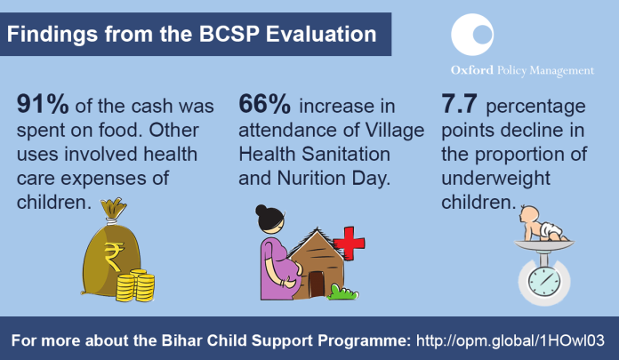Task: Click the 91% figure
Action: pyautogui.click(x=43, y=104)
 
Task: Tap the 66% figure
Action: pyautogui.click(x=264, y=104)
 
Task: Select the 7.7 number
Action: pyautogui.click(x=459, y=104)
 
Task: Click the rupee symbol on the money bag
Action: pyautogui.click(x=114, y=257)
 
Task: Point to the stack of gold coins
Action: pyautogui.click(x=135, y=285)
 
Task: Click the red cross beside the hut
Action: pyautogui.click(x=349, y=244)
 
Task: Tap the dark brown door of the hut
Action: pyautogui.click(x=316, y=284)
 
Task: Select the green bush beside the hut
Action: pyautogui.click(x=342, y=292)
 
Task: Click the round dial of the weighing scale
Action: pyautogui.click(x=544, y=282)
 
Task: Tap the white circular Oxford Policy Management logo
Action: pyautogui.click(x=472, y=35)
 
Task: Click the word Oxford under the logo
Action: pyautogui.click(x=472, y=70)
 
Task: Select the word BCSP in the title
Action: pyautogui.click(x=229, y=34)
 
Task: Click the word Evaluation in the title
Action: pyautogui.click(x=321, y=34)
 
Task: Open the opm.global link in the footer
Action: pyautogui.click(x=510, y=340)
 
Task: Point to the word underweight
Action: pyautogui.click(x=496, y=179)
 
